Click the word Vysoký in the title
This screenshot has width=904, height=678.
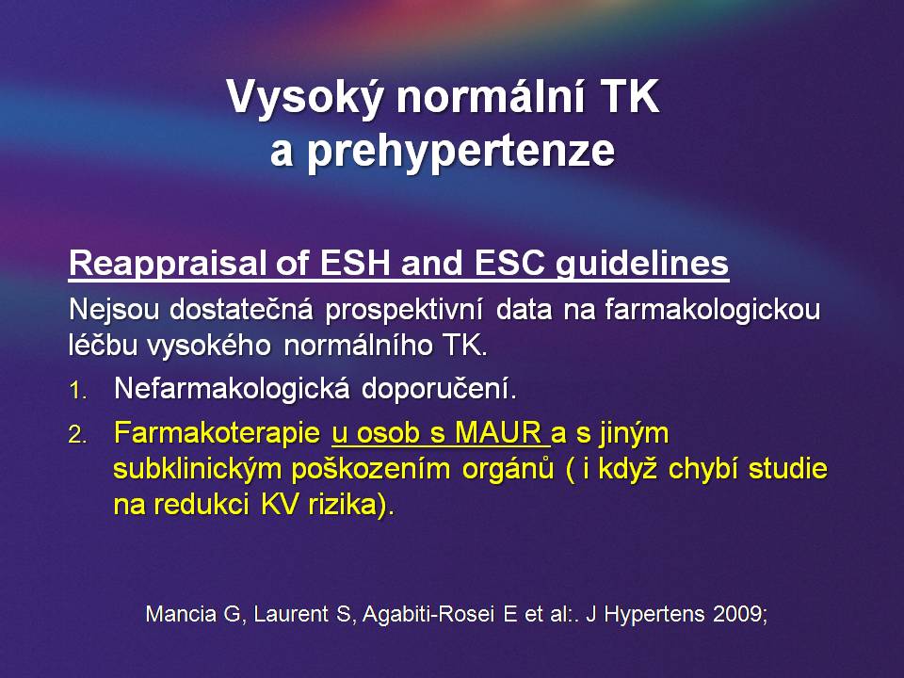pos(304,98)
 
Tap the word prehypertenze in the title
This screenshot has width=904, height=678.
pos(461,152)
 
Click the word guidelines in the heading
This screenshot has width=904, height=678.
pos(642,265)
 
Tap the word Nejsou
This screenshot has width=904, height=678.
pos(114,311)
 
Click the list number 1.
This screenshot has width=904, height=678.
pos(78,392)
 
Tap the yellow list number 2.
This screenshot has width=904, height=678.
pos(78,435)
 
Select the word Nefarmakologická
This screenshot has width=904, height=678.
pos(232,389)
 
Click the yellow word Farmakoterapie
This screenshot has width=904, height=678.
pos(217,433)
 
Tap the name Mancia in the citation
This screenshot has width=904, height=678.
pos(181,613)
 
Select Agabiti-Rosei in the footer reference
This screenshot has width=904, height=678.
pos(428,614)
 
